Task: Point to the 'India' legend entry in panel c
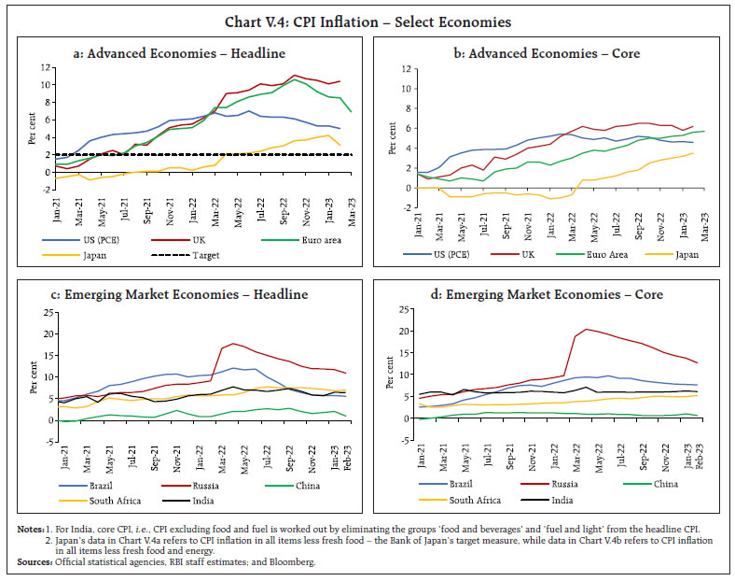(203, 501)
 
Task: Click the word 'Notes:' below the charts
(29, 530)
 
